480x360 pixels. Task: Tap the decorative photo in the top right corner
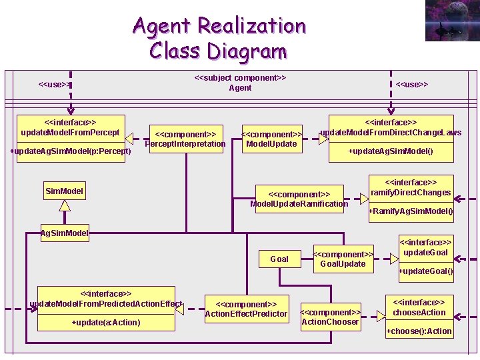pos(452,21)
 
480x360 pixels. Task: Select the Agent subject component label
pos(240,83)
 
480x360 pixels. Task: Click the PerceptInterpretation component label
pos(185,139)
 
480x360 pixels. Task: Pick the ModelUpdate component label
pos(271,139)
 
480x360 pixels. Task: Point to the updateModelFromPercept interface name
pos(70,127)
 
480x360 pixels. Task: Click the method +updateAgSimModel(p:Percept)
pos(70,151)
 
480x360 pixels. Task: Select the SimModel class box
pos(65,191)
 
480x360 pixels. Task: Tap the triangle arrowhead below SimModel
pos(65,205)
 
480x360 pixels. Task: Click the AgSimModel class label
pos(65,233)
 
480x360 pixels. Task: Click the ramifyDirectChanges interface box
pos(411,187)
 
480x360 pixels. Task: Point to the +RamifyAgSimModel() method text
pos(411,211)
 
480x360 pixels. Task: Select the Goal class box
pos(279,259)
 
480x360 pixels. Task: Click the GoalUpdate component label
pos(343,259)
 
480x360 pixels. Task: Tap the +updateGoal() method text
pos(425,271)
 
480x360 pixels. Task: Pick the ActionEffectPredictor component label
pos(246,309)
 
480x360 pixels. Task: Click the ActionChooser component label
pos(330,317)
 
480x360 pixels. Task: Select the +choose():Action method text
pos(419,331)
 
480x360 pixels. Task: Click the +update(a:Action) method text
pos(106,323)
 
